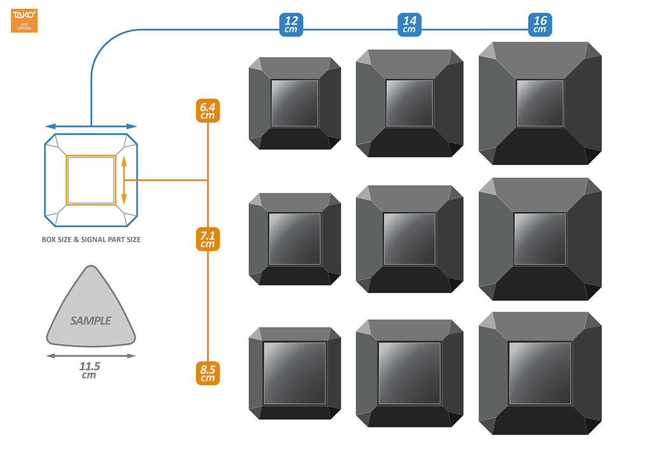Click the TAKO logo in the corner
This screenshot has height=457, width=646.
coord(24,21)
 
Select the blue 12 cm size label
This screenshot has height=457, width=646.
coord(291,25)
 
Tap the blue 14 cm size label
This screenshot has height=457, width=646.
coord(410,25)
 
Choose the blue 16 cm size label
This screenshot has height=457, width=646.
coord(540,25)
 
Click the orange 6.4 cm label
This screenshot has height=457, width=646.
coord(207,111)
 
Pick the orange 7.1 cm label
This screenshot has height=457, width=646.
coord(207,240)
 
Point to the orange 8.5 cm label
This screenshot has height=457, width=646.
coord(207,374)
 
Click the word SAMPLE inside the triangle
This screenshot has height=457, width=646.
coord(90,321)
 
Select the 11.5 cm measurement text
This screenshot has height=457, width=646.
coord(89,370)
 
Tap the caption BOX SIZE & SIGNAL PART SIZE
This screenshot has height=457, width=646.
coord(91,240)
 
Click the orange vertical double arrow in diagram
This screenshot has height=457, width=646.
coord(124,180)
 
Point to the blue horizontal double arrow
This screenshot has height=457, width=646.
coord(91,126)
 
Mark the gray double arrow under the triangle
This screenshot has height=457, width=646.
coord(90,356)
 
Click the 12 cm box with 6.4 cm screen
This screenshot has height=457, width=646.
coord(294,103)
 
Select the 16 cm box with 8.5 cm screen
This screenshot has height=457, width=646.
coord(540,373)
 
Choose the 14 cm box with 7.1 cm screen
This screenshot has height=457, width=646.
coord(410,239)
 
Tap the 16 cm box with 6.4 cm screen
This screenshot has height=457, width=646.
coord(540,103)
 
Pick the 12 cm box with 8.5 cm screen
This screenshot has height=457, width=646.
coord(294,373)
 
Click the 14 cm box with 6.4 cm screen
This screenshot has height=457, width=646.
coord(410,103)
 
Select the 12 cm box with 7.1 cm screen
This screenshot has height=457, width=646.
coord(294,239)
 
